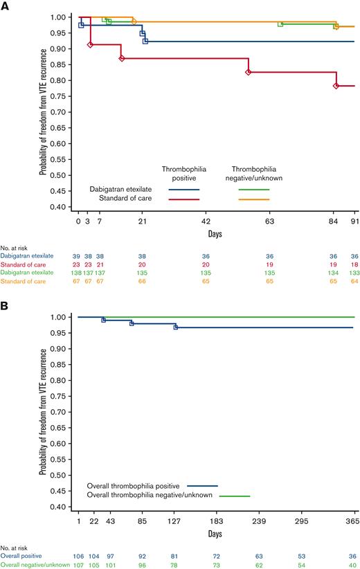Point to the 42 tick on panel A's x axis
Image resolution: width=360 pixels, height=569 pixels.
pos(206,221)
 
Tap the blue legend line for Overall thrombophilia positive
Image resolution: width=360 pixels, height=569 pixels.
pos(199,485)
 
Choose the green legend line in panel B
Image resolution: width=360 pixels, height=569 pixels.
pos(235,496)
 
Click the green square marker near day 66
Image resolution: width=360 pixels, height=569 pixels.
pos(280,24)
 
